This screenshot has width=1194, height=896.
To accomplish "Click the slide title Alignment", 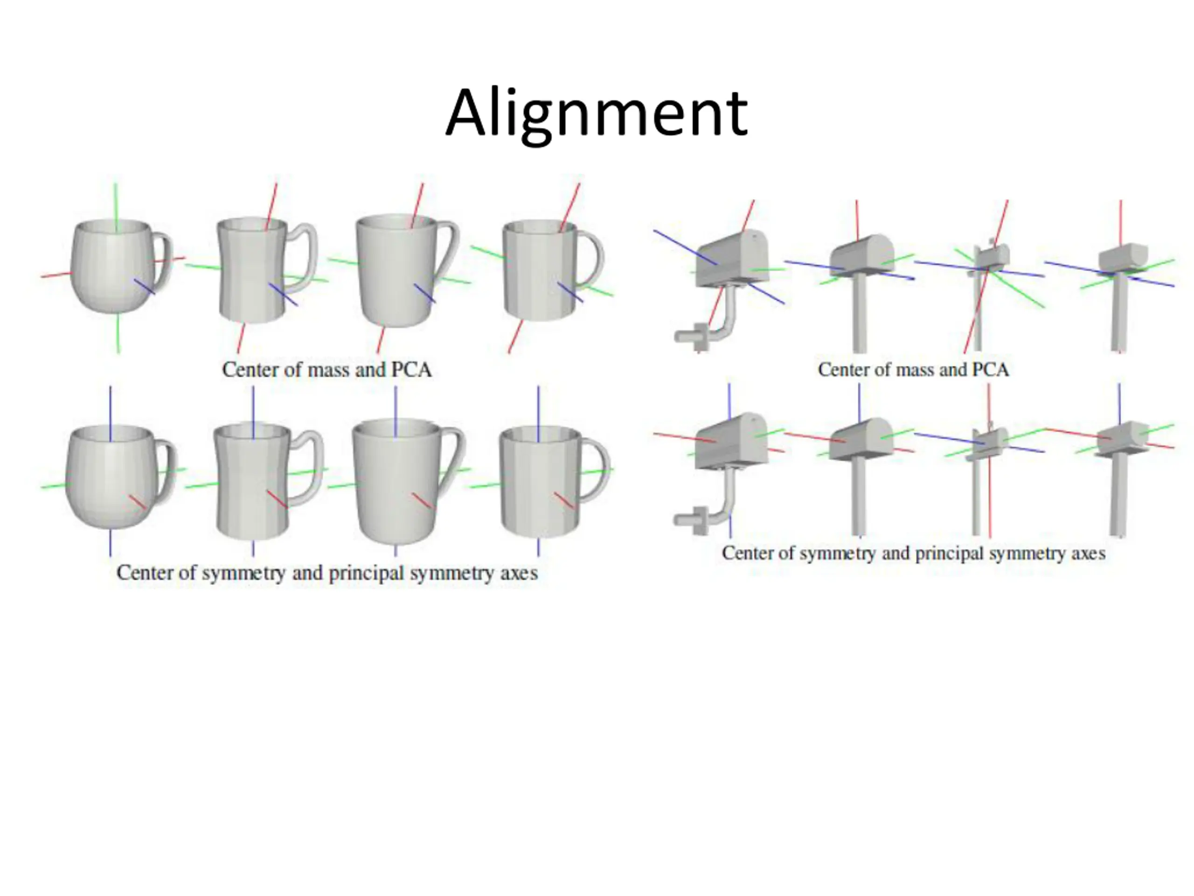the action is (596, 114).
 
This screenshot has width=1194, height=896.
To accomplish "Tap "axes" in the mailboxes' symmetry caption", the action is (1085, 553).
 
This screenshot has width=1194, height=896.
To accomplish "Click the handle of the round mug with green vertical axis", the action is (163, 259).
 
